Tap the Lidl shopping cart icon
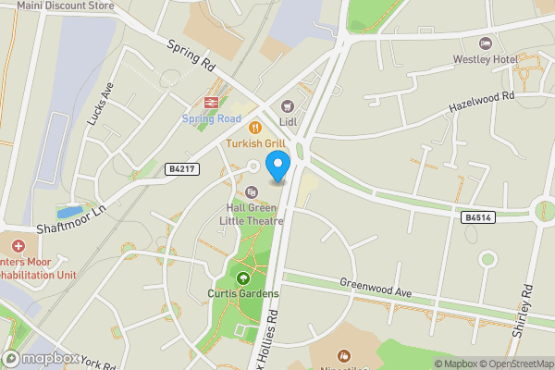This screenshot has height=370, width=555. click(287, 105)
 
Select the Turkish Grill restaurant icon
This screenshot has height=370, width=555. click(253, 128)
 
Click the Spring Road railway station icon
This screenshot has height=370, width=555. click(210, 102)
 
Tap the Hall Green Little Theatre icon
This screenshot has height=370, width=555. click(251, 191)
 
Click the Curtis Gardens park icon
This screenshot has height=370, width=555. click(243, 277)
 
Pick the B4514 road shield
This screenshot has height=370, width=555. click(475, 217)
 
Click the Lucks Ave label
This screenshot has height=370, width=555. click(98, 103)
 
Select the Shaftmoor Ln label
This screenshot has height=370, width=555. click(72, 220)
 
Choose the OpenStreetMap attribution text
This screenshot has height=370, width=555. click(516, 364)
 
